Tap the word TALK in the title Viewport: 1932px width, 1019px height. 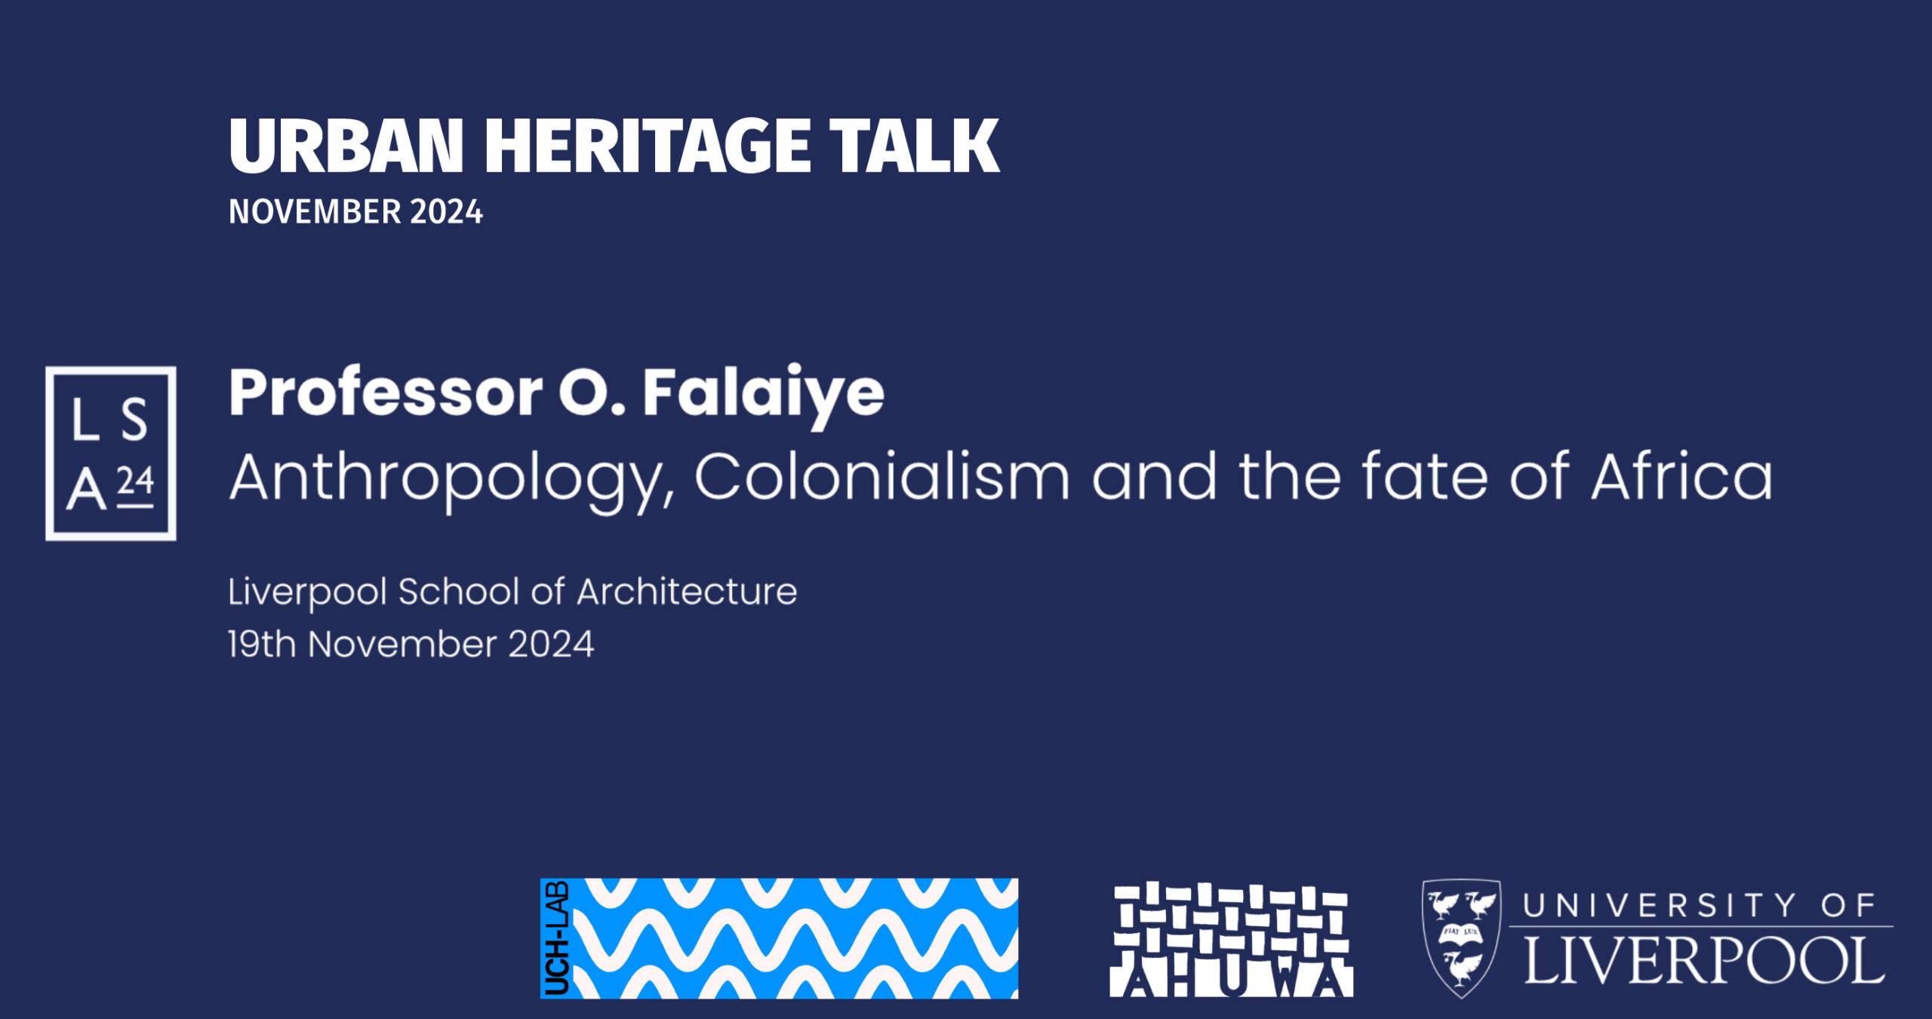914,146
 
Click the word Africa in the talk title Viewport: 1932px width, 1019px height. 1681,477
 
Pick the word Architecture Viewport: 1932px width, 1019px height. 687,592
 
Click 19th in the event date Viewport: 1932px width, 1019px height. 261,645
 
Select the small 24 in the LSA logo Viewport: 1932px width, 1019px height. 136,482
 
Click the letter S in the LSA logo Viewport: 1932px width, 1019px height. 134,420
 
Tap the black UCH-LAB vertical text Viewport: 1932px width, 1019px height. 556,938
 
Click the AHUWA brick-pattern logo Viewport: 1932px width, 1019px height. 1231,940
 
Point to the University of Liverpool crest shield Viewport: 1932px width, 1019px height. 1461,937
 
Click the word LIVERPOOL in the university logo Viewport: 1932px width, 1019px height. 1704,961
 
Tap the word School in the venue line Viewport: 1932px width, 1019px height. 460,592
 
